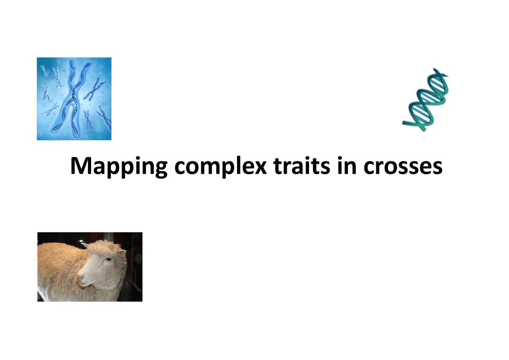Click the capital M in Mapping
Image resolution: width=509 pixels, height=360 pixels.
point(80,166)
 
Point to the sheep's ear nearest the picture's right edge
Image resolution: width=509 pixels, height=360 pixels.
point(121,252)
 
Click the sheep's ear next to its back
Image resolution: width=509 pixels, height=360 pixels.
point(85,245)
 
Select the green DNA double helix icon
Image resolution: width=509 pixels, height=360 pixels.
point(428,99)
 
